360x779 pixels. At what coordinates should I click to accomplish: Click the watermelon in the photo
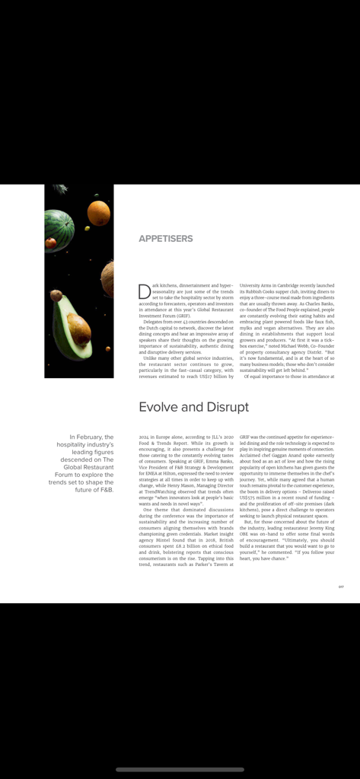pyautogui.click(x=59, y=230)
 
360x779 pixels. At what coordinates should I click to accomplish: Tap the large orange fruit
pyautogui.click(x=98, y=213)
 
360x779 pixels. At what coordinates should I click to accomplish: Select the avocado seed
pyautogui.click(x=78, y=328)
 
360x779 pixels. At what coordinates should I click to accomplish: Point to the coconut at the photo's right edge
pyautogui.click(x=108, y=278)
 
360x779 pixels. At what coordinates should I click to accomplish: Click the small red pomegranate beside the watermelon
pyautogui.click(x=51, y=243)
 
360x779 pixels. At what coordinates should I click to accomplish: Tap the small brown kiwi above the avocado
pyautogui.click(x=56, y=295)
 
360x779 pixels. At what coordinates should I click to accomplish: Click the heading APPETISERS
pyautogui.click(x=165, y=239)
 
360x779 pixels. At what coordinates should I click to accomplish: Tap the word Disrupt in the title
pyautogui.click(x=225, y=407)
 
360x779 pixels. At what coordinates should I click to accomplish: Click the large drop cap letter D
pyautogui.click(x=144, y=291)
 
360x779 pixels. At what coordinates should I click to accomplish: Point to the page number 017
pyautogui.click(x=342, y=587)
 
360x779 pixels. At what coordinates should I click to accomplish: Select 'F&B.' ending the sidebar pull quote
pyautogui.click(x=105, y=490)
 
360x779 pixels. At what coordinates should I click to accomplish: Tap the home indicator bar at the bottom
pyautogui.click(x=180, y=769)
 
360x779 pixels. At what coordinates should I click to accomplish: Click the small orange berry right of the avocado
pyautogui.click(x=107, y=348)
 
